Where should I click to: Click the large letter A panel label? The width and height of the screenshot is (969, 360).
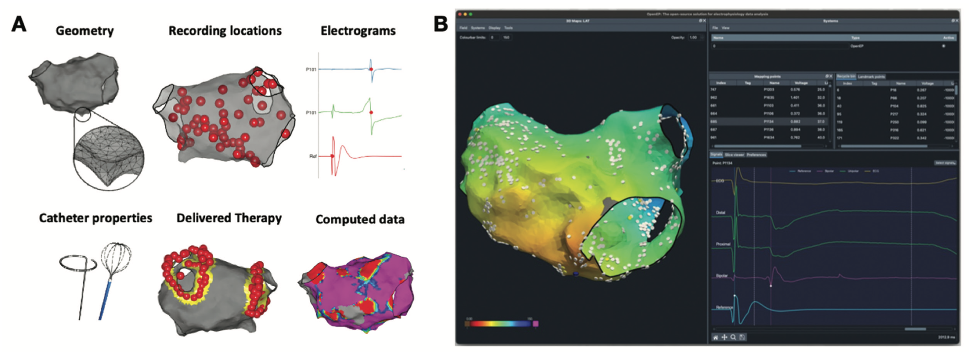[18, 24]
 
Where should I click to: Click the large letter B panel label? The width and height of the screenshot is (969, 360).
[440, 24]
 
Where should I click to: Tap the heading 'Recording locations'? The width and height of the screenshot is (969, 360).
[225, 31]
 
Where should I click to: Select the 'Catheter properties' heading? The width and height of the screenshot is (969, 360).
[95, 218]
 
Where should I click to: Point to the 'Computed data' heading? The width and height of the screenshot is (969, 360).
[360, 219]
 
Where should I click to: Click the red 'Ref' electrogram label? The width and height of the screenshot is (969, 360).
[313, 156]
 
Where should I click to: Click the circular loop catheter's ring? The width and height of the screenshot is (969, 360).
[78, 263]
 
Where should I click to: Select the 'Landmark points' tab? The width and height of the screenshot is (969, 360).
[871, 76]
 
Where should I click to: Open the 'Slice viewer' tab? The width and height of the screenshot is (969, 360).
[734, 155]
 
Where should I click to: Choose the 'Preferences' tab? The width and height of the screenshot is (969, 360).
[756, 155]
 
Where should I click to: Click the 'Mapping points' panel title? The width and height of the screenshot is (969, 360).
[767, 76]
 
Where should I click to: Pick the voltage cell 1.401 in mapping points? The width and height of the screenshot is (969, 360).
[795, 97]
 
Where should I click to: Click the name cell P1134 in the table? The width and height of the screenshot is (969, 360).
[769, 122]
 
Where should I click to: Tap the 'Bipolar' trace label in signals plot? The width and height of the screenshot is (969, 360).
[721, 276]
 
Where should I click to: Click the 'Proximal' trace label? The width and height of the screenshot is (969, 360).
[722, 244]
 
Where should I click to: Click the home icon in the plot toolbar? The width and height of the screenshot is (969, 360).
[716, 337]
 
